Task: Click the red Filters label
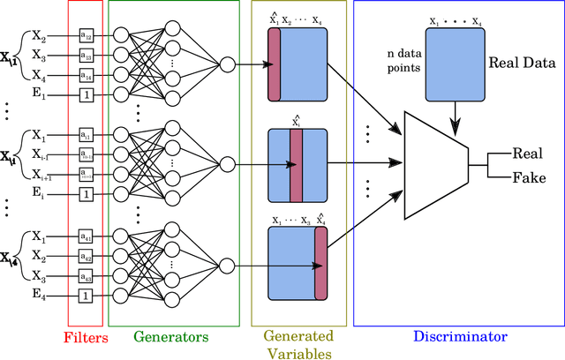(x=86, y=336)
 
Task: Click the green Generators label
(x=171, y=336)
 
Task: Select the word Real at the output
(x=528, y=154)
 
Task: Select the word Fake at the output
(x=528, y=177)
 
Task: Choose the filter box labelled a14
(x=86, y=76)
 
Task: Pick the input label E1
(x=39, y=94)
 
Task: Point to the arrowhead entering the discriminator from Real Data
(x=453, y=108)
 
